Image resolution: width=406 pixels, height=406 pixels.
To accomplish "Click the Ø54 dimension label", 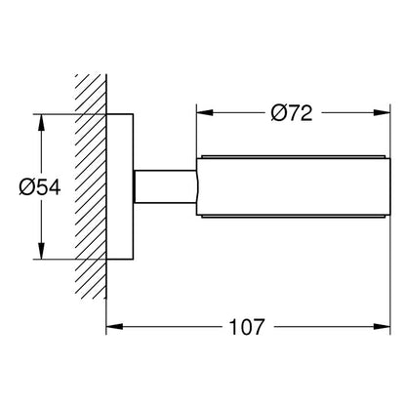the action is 40,187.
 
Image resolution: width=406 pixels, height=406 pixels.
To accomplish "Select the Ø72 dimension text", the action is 292,113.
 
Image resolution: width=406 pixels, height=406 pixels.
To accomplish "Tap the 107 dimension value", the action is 247,327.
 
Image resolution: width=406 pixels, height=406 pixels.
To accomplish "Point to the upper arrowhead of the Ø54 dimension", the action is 41,123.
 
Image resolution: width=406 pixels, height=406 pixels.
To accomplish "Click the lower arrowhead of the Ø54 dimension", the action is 41,251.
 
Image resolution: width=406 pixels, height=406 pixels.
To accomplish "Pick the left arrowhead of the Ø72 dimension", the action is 205,112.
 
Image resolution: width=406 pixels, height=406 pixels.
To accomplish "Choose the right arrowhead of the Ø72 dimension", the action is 382,112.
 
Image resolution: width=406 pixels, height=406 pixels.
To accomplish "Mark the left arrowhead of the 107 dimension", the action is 115,326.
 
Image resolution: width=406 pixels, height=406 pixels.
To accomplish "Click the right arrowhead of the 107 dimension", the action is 382,326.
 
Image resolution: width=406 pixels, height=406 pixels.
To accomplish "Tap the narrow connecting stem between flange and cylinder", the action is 165,186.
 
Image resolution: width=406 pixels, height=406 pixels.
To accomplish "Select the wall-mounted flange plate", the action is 120,186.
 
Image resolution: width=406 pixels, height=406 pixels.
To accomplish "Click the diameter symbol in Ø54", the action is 26,187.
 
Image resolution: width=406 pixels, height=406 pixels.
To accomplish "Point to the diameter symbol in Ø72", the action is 277,113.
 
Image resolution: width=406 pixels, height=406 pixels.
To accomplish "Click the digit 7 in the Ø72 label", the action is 293,113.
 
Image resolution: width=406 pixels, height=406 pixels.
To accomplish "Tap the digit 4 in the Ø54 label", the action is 55,187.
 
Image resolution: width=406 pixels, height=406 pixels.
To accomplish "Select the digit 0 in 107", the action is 247,327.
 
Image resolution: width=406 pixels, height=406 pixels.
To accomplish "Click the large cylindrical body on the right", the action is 294,186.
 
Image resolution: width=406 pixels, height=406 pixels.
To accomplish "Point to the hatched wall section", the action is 91,186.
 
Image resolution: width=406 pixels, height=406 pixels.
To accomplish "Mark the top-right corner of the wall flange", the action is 133,114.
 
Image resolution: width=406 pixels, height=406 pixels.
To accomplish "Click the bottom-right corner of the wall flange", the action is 133,260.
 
